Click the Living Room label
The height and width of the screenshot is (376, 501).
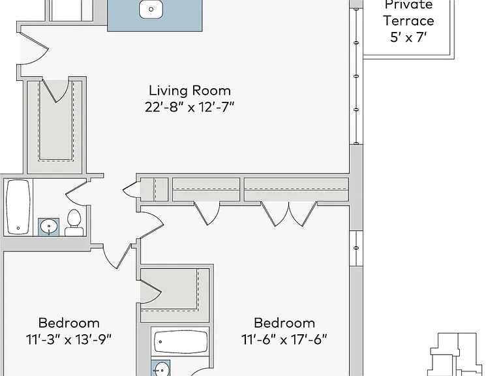pyautogui.click(x=190, y=91)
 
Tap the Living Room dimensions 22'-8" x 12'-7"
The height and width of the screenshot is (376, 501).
pyautogui.click(x=190, y=107)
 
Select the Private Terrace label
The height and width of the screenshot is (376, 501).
pyautogui.click(x=408, y=14)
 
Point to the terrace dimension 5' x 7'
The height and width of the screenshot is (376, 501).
pyautogui.click(x=408, y=37)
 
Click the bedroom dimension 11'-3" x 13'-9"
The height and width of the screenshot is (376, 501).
pyautogui.click(x=68, y=339)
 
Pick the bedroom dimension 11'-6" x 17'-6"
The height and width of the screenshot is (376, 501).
pyautogui.click(x=284, y=339)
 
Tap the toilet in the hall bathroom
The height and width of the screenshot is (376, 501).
pyautogui.click(x=74, y=223)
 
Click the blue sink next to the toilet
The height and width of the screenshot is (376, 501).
pyautogui.click(x=48, y=227)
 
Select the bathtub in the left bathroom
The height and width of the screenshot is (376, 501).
pyautogui.click(x=18, y=207)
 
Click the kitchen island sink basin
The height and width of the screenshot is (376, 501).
pyautogui.click(x=151, y=9)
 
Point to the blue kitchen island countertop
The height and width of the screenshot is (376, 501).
pyautogui.click(x=155, y=16)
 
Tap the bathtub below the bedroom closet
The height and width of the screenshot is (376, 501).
pyautogui.click(x=181, y=342)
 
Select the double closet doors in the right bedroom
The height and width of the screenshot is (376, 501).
pyautogui.click(x=289, y=213)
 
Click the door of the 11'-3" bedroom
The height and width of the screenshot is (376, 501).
pyautogui.click(x=117, y=256)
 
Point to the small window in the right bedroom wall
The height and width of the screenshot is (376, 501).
pyautogui.click(x=356, y=248)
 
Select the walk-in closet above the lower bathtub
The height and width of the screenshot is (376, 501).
pyautogui.click(x=175, y=295)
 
